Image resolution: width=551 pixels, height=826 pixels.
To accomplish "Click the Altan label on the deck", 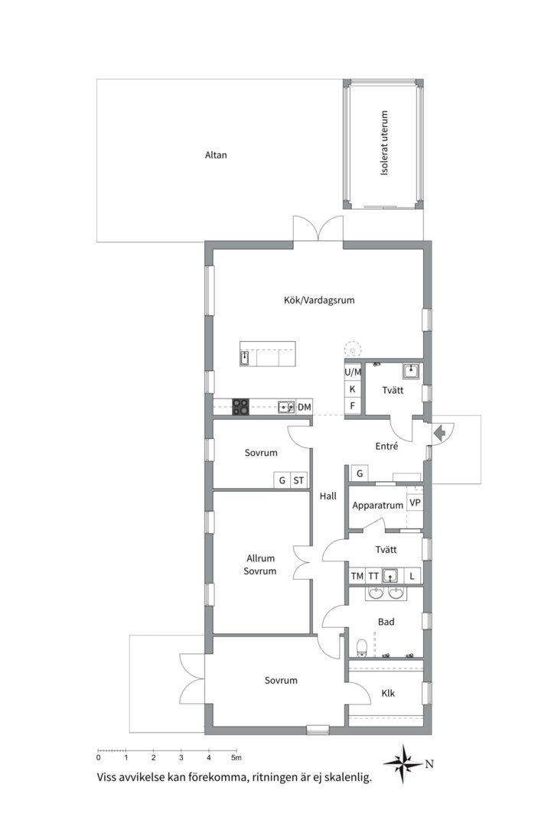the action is [x=216, y=154].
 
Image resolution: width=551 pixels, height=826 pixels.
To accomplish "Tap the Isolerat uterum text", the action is [x=384, y=143].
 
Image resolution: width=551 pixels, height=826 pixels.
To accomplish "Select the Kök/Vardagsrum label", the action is [x=319, y=301].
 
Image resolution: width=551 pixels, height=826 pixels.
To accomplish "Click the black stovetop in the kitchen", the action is [x=241, y=407].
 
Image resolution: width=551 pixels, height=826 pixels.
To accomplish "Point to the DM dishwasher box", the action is [x=305, y=407].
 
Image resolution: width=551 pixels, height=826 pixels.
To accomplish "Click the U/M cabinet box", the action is [x=353, y=372].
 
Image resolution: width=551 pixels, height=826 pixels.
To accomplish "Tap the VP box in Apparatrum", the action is [x=415, y=502].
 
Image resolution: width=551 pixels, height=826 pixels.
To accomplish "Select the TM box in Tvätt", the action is [x=357, y=576].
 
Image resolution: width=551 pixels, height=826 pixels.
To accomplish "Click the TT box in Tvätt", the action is [x=373, y=576].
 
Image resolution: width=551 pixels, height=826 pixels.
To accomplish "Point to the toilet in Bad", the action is [x=362, y=648].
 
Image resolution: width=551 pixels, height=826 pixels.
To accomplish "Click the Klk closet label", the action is [x=388, y=693].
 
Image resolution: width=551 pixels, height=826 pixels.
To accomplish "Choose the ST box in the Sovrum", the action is [x=298, y=480].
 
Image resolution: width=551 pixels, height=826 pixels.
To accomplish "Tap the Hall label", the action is [x=328, y=496].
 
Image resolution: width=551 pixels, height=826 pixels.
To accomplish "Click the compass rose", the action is [x=403, y=763].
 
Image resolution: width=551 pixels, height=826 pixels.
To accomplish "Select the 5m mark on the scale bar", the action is [x=236, y=757].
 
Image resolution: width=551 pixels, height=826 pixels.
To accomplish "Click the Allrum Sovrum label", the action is [x=260, y=564].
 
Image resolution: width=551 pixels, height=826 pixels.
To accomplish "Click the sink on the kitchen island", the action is [x=244, y=358].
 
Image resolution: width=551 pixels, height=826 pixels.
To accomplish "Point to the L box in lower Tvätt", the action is [x=412, y=576].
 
